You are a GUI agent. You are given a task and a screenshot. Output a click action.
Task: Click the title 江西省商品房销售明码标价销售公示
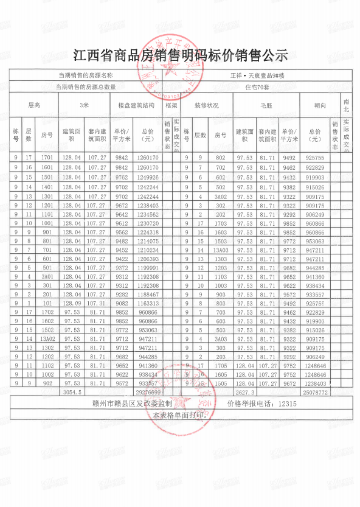(x=180, y=56)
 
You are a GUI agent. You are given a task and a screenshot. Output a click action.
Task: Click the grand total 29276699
(x=148, y=393)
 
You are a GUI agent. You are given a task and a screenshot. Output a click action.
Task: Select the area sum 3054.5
(x=72, y=393)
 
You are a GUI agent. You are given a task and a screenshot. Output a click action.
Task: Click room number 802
(x=221, y=158)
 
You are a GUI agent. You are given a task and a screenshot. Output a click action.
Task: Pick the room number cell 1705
(x=221, y=366)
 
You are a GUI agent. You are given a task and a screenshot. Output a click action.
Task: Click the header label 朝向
(x=320, y=105)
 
